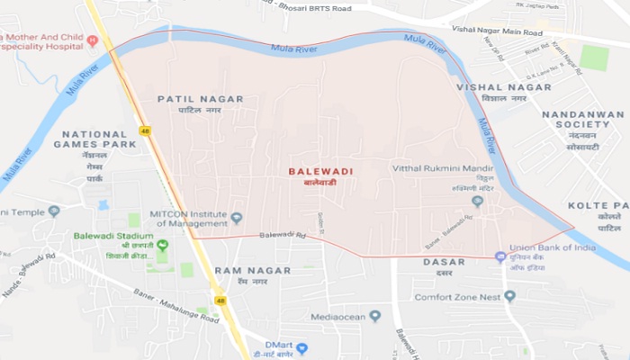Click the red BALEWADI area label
[314, 169]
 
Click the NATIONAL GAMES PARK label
[94, 139]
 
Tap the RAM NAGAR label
[252, 270]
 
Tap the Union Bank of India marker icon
[500, 257]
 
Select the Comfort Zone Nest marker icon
[509, 296]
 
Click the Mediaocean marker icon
[375, 316]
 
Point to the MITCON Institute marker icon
[237, 218]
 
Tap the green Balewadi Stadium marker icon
[163, 244]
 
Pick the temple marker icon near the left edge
[53, 211]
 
